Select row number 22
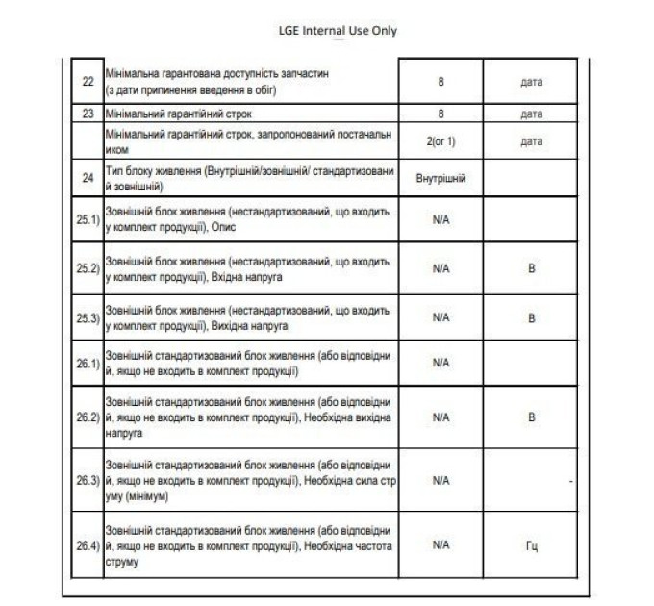[88, 82]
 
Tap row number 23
[88, 114]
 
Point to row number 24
[88, 177]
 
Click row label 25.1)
[88, 220]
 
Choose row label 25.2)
[88, 268]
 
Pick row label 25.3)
[88, 316]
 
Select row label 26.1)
[88, 363]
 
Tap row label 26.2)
[88, 417]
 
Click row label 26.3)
[88, 479]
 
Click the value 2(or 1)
[440, 140]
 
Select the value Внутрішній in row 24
[440, 178]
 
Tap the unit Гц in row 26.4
[532, 545]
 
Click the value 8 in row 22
[440, 82]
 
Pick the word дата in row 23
[532, 114]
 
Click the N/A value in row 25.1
[440, 220]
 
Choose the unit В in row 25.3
[532, 316]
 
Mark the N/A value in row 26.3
[440, 479]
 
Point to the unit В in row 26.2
[532, 417]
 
